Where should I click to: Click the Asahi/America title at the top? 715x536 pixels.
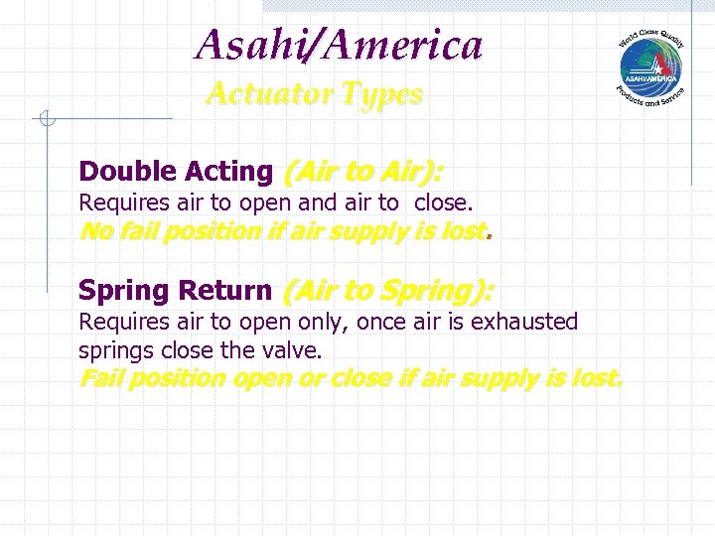click(x=339, y=45)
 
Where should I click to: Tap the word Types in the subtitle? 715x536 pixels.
click(x=382, y=95)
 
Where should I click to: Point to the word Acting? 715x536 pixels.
click(x=227, y=172)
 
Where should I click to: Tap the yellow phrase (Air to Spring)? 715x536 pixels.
click(x=388, y=291)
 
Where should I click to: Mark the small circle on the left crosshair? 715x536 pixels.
click(x=45, y=120)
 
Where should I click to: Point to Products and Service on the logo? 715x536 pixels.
click(x=649, y=99)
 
